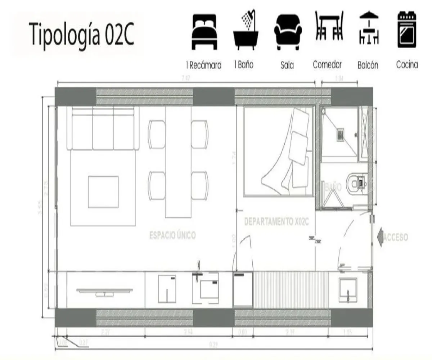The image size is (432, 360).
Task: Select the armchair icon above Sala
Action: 288,32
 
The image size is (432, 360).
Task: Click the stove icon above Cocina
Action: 407,31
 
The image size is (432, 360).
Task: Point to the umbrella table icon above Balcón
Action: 369,29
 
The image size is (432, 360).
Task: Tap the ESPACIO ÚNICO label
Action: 172,235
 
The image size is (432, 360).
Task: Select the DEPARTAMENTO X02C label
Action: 276,222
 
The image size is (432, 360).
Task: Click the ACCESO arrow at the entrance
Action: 381,238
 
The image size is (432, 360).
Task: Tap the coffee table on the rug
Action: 103,192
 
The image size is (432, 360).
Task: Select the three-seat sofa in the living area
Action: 103,129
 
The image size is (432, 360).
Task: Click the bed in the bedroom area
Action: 278,152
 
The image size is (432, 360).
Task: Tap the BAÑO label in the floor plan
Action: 333,187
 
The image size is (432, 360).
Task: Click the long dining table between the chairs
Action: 178,162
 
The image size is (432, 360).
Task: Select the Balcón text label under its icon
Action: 368,66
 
